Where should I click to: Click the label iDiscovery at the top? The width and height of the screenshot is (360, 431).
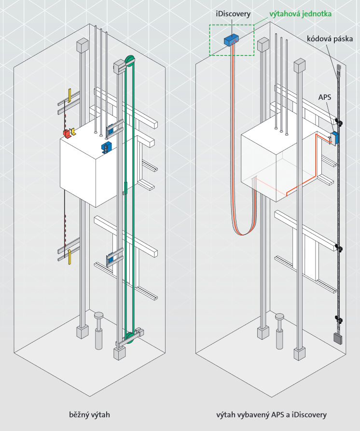tap(233, 14)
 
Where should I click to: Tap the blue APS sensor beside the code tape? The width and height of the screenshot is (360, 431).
tap(334, 138)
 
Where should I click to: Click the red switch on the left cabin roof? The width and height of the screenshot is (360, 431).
tap(66, 133)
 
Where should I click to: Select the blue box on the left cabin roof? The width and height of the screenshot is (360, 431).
tap(106, 147)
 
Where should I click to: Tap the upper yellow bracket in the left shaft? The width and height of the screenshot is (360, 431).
tap(70, 95)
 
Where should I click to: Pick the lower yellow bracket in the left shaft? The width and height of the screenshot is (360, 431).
tap(70, 257)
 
